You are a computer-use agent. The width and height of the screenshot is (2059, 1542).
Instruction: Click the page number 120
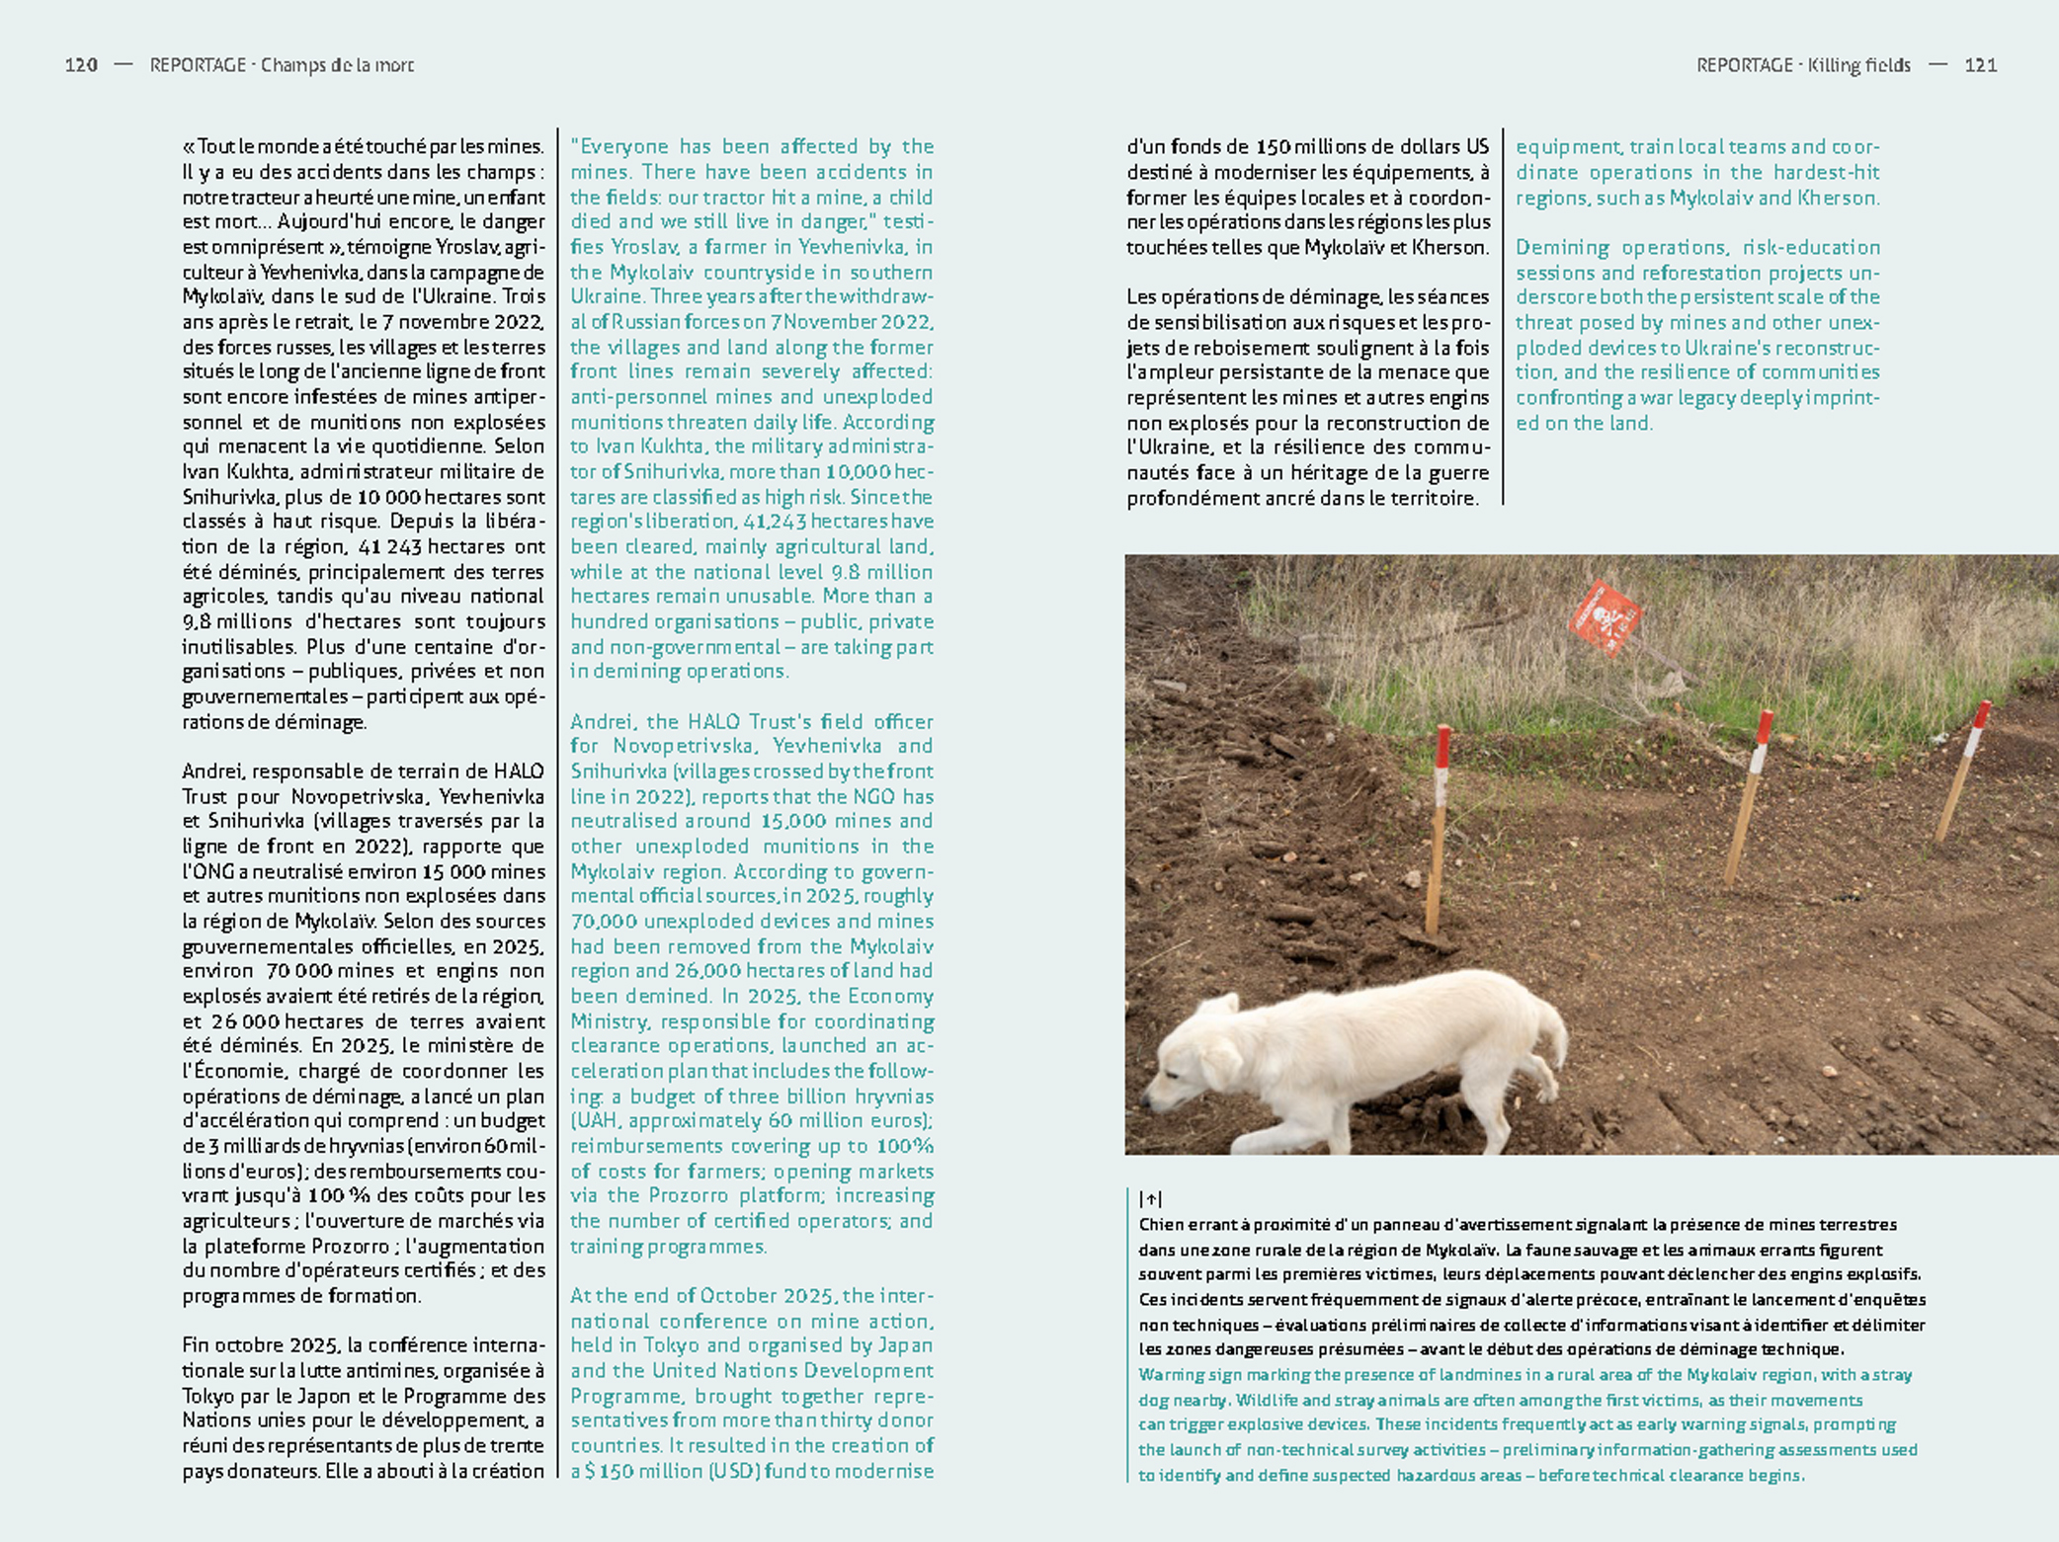click(x=81, y=65)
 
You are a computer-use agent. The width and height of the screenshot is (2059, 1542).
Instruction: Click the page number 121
click(x=1980, y=65)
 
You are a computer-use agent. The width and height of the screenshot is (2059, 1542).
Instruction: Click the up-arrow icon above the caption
click(x=1150, y=1198)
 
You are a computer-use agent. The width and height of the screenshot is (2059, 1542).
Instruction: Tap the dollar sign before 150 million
click(x=590, y=1471)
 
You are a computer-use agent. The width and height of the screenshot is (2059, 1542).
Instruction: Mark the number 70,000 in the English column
click(x=600, y=922)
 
